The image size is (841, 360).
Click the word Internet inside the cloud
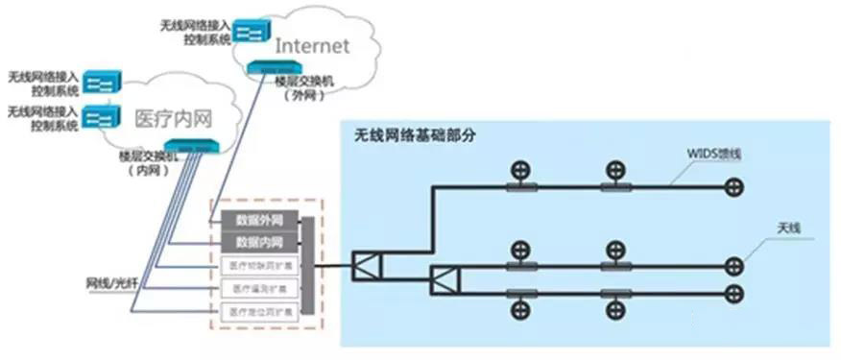[311, 45]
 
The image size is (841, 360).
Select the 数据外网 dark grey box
[259, 219]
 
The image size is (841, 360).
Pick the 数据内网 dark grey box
[259, 241]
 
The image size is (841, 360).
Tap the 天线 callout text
[789, 228]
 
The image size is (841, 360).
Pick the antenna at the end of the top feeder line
[734, 188]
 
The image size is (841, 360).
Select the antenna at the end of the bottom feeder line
[734, 292]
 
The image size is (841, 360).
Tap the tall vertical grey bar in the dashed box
[308, 265]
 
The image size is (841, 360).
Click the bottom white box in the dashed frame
[259, 312]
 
